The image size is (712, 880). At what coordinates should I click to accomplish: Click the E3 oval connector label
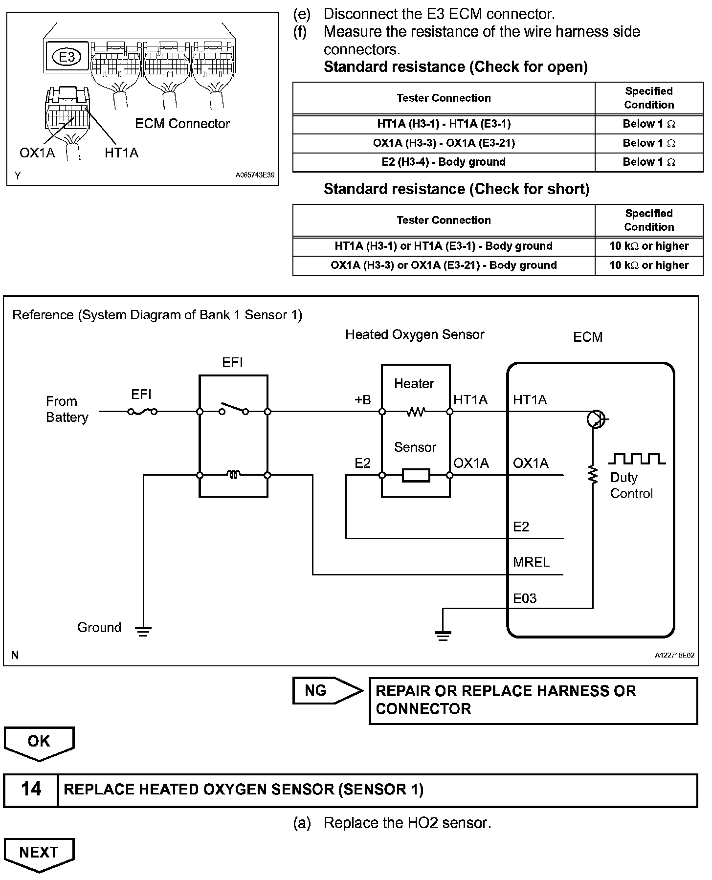(x=67, y=57)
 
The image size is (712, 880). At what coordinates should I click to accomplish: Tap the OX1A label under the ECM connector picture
(x=37, y=153)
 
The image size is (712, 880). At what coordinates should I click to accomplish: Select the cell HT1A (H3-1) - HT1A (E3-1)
(x=444, y=124)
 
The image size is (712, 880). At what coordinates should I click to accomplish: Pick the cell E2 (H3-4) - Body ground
(x=444, y=162)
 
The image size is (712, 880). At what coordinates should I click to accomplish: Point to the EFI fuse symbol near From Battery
(x=142, y=412)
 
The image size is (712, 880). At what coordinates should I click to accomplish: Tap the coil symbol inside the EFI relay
(x=233, y=475)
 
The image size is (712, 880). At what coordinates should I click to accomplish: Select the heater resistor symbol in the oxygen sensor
(x=416, y=412)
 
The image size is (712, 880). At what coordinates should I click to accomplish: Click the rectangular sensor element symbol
(x=416, y=475)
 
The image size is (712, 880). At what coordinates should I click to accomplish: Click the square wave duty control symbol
(x=637, y=459)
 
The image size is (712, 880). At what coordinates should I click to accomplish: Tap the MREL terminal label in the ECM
(x=531, y=562)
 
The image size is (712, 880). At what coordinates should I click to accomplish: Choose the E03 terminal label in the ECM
(x=525, y=598)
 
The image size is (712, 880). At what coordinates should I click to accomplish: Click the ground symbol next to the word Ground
(x=143, y=631)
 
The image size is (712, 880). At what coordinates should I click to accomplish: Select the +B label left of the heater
(x=362, y=400)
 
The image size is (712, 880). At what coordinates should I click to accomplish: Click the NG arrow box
(x=328, y=690)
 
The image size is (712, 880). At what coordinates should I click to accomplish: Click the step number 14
(x=31, y=790)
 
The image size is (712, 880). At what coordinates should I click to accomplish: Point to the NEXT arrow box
(x=39, y=855)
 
